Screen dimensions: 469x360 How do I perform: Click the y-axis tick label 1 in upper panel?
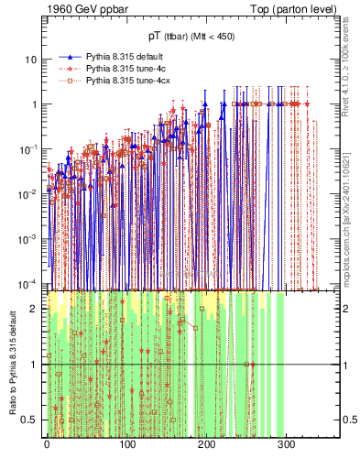(35, 104)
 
